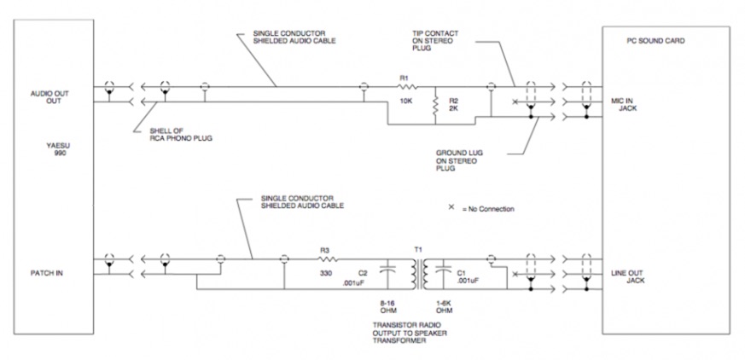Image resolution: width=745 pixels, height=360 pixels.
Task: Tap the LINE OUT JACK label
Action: [x=627, y=277]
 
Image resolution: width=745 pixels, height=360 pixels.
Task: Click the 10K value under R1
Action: [x=406, y=100]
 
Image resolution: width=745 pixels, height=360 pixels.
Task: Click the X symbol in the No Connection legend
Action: [x=451, y=206]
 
